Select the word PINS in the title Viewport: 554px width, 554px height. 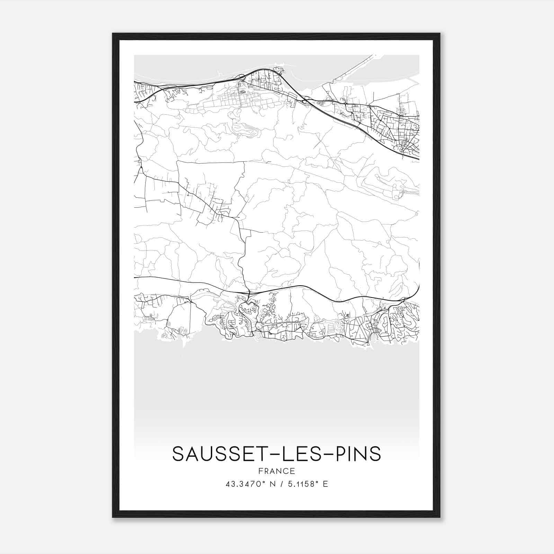[x=359, y=454]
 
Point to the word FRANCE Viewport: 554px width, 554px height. [x=277, y=471]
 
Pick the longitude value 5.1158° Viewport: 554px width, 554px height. [x=303, y=484]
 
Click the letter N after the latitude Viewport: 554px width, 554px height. [x=272, y=484]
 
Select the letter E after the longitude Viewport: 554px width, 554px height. [x=325, y=484]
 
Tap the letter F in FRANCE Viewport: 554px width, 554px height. [x=260, y=471]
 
